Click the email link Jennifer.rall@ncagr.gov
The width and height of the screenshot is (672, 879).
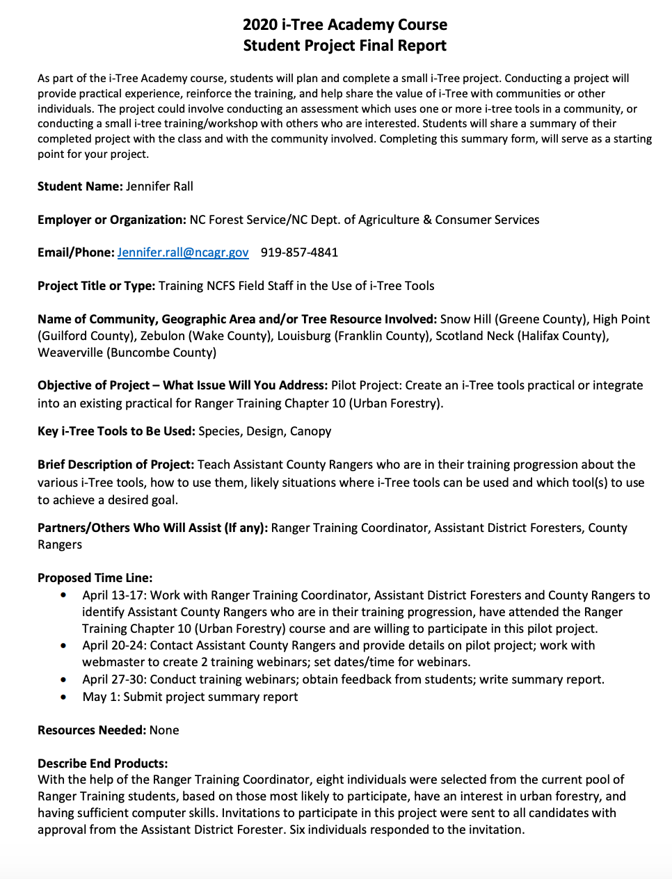tap(182, 252)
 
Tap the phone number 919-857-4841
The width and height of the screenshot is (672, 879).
tap(299, 252)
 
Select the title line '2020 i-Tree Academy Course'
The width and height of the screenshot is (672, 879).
tap(345, 25)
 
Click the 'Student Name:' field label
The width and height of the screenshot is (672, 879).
tap(80, 186)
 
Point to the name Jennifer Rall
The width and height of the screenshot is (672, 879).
tap(159, 186)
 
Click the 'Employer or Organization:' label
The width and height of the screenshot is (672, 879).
tap(112, 220)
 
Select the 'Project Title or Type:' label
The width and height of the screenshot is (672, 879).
tap(97, 286)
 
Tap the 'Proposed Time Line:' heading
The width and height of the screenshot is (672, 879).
tap(95, 578)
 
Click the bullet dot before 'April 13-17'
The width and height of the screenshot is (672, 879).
tap(64, 595)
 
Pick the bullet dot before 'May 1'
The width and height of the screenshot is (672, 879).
tap(64, 697)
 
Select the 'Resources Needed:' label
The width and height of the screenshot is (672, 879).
tap(92, 730)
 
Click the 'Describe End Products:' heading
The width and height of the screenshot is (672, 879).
tap(102, 764)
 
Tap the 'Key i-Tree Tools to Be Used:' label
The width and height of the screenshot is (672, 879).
tap(116, 431)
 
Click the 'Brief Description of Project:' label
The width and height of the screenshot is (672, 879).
tap(115, 465)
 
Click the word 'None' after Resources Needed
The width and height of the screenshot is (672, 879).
tap(164, 730)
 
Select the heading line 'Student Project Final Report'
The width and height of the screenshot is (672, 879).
tap(345, 46)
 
